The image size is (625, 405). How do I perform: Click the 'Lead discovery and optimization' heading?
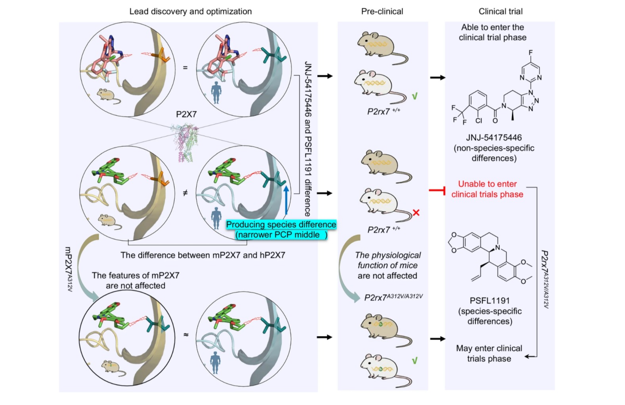coord(190,11)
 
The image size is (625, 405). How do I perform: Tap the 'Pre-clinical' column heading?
coord(382,11)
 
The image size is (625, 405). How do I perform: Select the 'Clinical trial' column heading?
coord(500,11)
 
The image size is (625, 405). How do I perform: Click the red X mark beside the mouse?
coord(416,213)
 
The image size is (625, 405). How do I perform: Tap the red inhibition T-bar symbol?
coord(438,190)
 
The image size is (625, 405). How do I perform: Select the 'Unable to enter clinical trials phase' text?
coord(487,189)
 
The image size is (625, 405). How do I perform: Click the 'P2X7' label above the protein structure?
coord(186,114)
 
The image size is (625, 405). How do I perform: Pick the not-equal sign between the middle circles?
coord(185,193)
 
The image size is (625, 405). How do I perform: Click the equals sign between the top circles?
coord(185,68)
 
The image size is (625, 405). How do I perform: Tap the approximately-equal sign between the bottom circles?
coord(185,335)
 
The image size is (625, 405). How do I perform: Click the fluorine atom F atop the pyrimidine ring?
coord(530,53)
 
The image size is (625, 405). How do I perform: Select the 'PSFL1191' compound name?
coord(489,300)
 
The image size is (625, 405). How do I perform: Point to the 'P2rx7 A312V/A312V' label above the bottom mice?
coord(393,297)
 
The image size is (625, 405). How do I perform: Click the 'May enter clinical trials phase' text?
coord(489,354)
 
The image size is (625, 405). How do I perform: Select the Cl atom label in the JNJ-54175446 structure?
coord(479,120)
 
